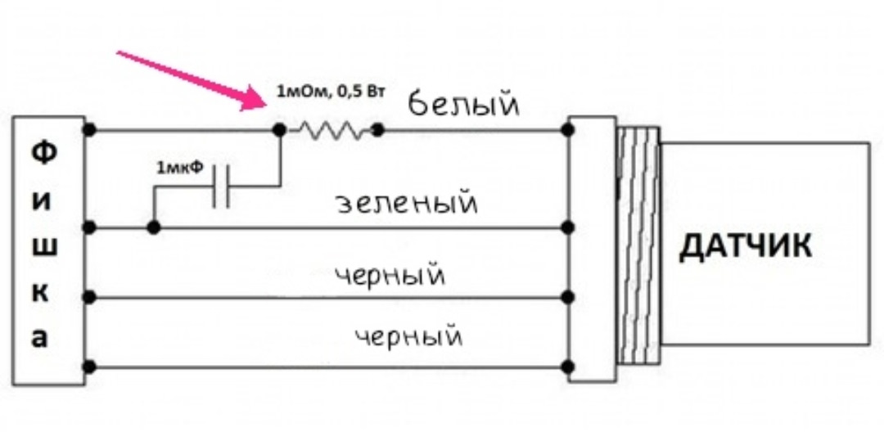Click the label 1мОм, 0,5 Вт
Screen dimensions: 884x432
330,90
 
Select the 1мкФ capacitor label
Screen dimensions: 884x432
180,169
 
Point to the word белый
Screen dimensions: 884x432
463,106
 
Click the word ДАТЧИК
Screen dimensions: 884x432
746,246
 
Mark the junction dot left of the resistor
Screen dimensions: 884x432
279,129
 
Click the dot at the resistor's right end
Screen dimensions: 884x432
377,129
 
